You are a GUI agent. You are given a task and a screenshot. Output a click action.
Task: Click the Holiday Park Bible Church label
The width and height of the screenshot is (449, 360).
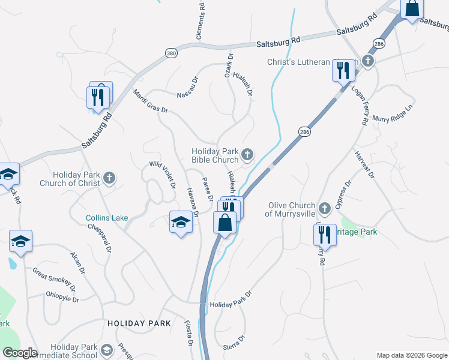pyautogui.click(x=215, y=156)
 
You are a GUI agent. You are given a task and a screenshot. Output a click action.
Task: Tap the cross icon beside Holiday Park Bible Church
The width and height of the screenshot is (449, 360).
pyautogui.click(x=247, y=156)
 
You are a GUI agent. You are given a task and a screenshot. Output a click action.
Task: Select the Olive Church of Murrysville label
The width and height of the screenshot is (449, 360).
pyautogui.click(x=289, y=209)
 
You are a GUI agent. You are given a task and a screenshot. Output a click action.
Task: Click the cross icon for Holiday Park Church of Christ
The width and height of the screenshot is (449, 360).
pyautogui.click(x=109, y=178)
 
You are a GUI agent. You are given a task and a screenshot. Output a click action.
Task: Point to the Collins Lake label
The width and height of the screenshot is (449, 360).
pyautogui.click(x=107, y=218)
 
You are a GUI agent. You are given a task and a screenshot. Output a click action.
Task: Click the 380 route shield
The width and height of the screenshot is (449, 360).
pyautogui.click(x=172, y=53)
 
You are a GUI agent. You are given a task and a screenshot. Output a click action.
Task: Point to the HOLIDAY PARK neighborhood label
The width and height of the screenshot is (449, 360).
pyautogui.click(x=139, y=323)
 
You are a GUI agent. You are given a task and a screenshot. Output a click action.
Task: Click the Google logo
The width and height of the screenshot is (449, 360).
pyautogui.click(x=20, y=353)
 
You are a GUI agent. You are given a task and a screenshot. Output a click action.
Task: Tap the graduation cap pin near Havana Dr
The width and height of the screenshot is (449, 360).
pyautogui.click(x=181, y=223)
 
